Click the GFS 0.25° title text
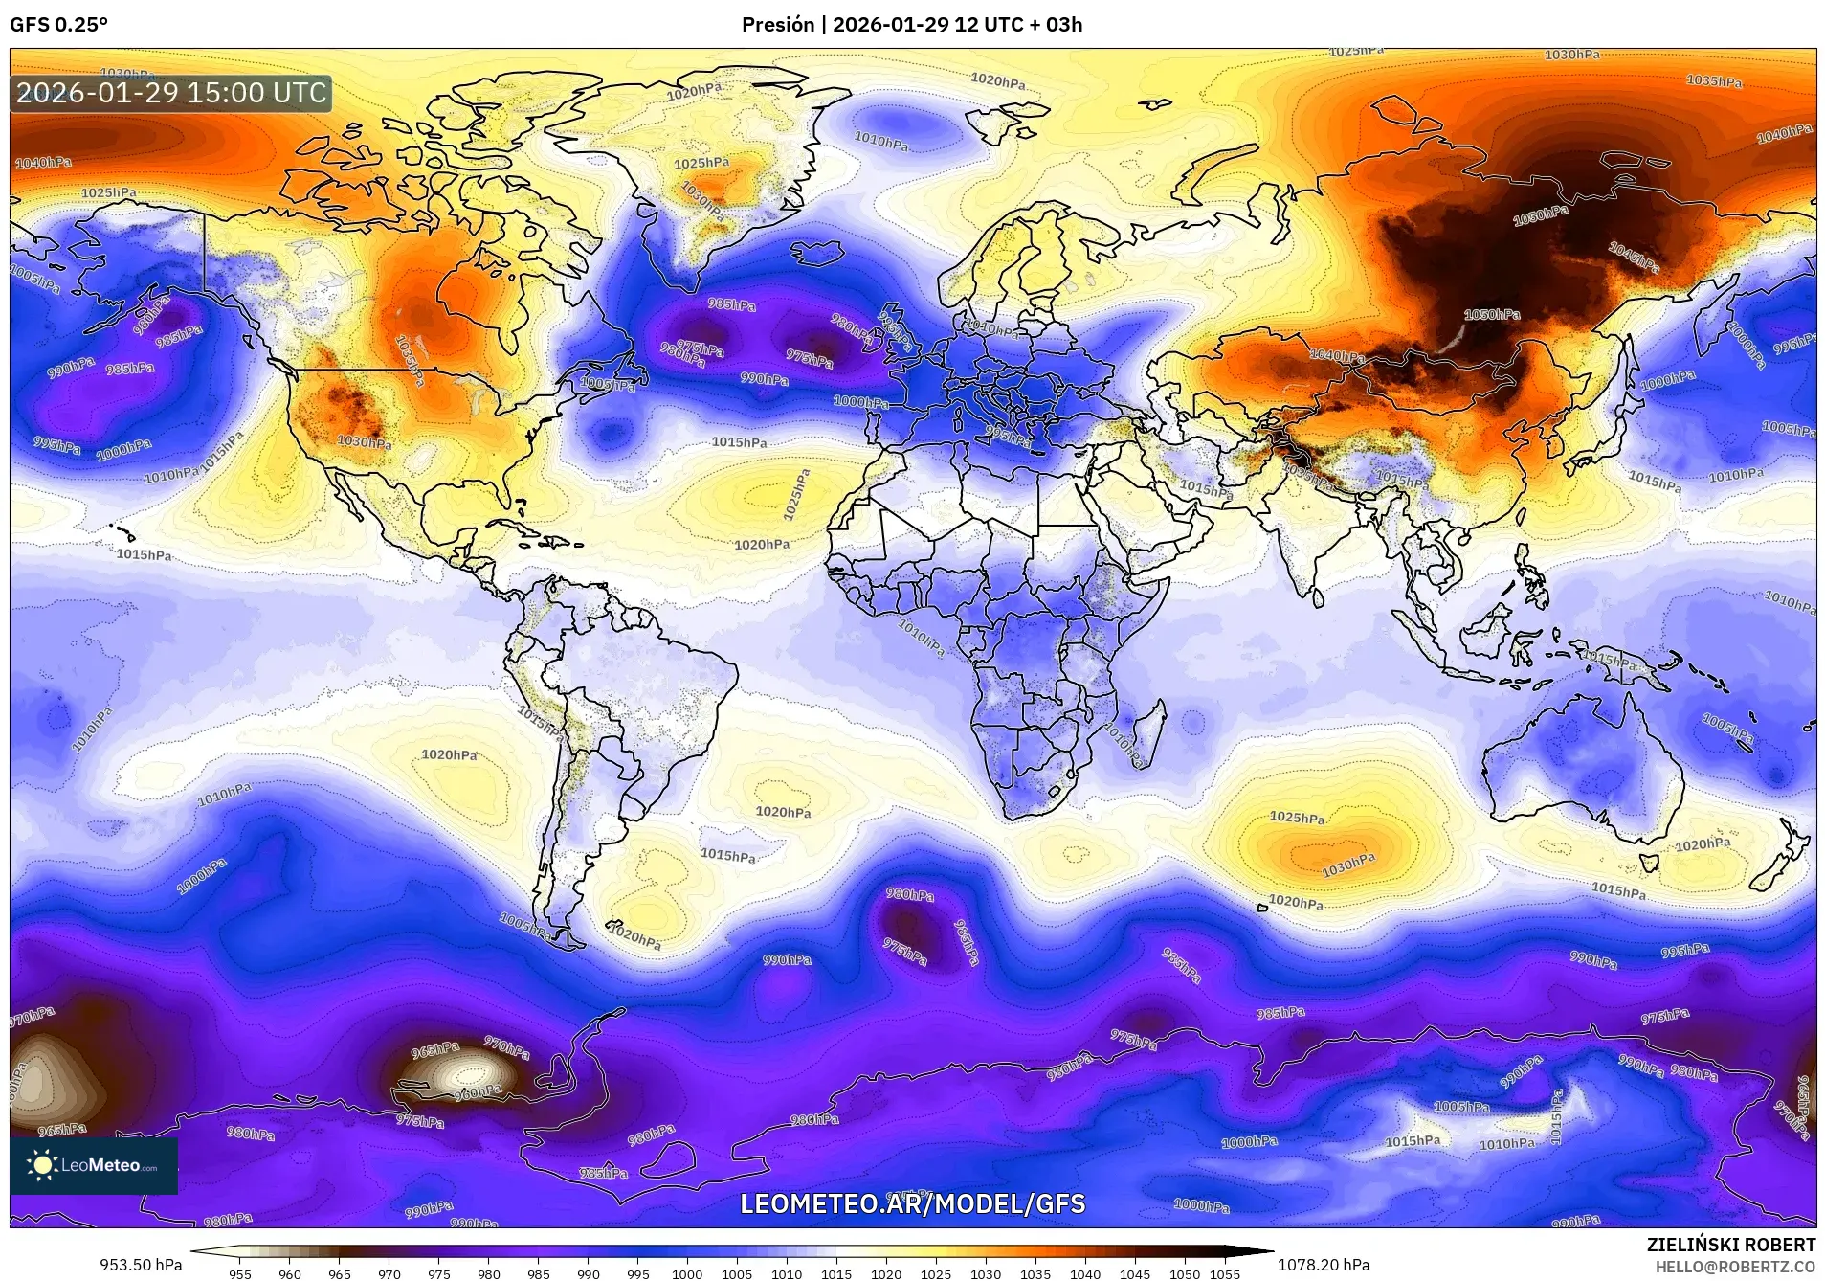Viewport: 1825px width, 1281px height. (x=58, y=25)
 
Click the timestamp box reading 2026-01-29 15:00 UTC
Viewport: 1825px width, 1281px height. (x=171, y=94)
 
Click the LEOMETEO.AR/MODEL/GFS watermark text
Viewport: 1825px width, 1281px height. (x=912, y=1203)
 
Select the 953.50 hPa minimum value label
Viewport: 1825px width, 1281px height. (x=141, y=1265)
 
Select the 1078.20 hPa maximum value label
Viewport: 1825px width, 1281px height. (x=1324, y=1265)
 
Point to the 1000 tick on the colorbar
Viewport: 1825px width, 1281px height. (x=687, y=1274)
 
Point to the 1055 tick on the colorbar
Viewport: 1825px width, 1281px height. (x=1224, y=1274)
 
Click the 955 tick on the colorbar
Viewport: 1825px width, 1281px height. (x=240, y=1274)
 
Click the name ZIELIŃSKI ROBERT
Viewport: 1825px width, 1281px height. (x=1730, y=1245)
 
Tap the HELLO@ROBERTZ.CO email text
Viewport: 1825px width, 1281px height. (x=1735, y=1266)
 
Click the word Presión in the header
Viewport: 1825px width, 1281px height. (x=777, y=25)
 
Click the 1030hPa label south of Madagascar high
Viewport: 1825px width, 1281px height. (x=1348, y=865)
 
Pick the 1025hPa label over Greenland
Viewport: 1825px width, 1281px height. (x=701, y=164)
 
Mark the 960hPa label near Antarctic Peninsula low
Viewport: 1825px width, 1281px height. (x=477, y=1091)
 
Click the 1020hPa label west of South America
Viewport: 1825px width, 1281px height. (x=449, y=755)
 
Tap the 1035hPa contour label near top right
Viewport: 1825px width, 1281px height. (x=1713, y=81)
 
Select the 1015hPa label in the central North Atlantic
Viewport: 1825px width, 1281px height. (x=739, y=442)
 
